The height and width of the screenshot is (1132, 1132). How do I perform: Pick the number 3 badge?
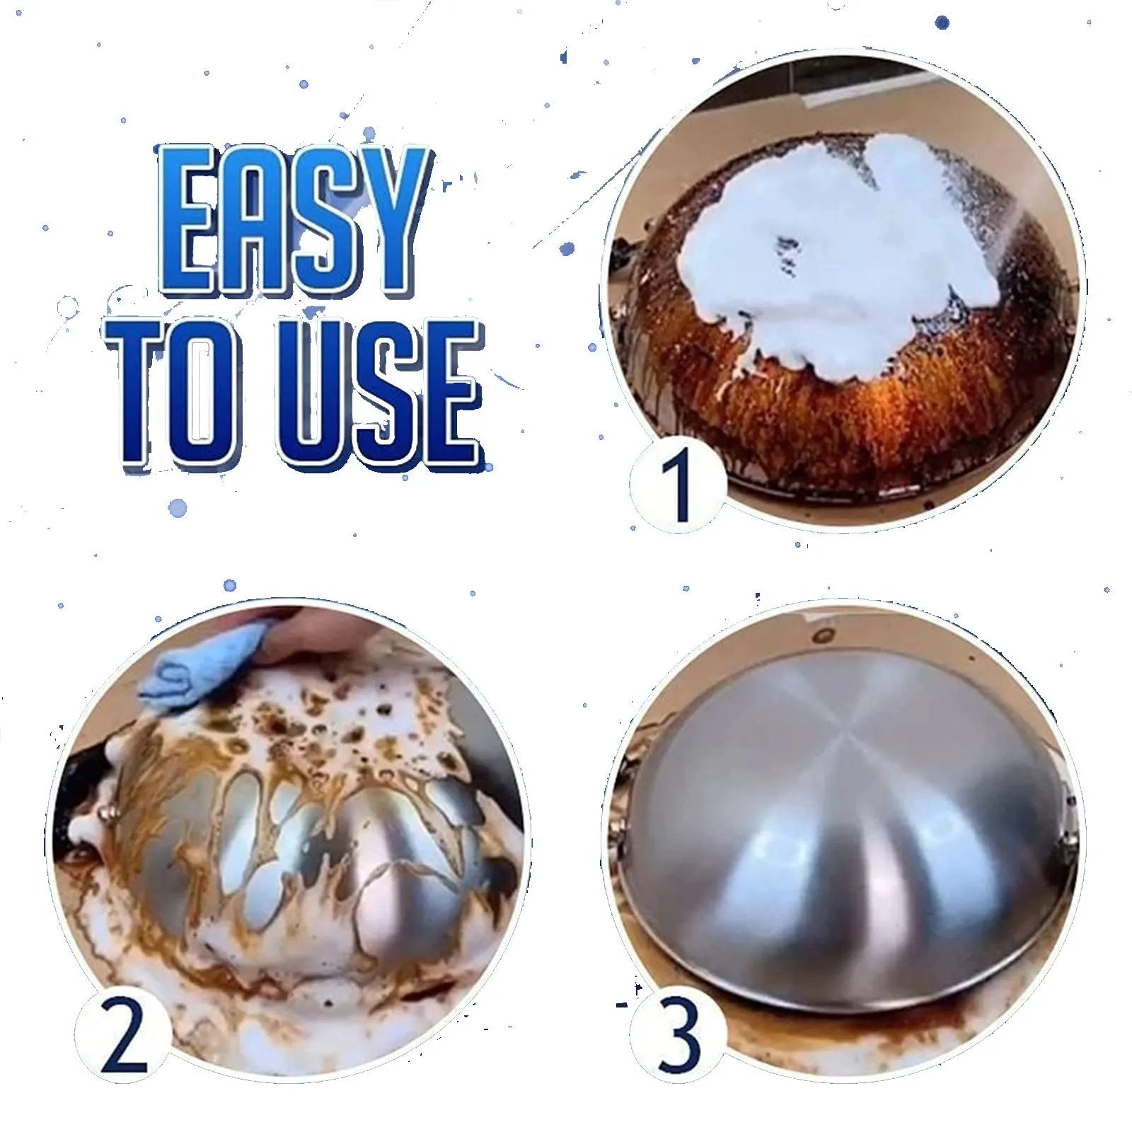(x=677, y=1036)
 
